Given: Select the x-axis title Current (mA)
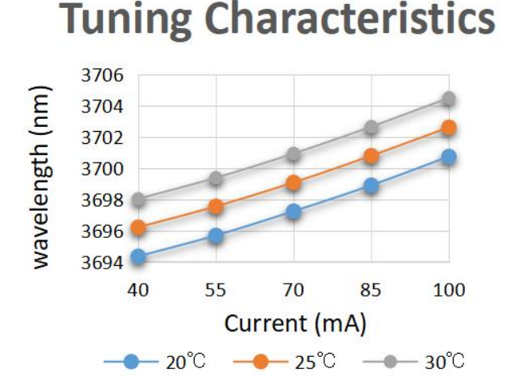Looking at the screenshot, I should click(295, 325).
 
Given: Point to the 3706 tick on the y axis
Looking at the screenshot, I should click(104, 76).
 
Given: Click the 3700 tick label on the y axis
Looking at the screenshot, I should click(104, 170).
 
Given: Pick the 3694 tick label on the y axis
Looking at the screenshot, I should click(104, 263).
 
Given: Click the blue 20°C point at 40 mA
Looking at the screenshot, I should click(138, 257).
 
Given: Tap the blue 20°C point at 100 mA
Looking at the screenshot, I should click(449, 157).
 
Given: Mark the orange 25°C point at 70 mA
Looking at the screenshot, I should click(294, 183).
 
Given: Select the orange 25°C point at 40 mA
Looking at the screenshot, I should click(138, 228).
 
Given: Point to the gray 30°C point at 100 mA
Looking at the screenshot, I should click(449, 99).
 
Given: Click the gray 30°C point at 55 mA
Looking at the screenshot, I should click(216, 178).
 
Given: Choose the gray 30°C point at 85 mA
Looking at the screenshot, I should click(371, 127).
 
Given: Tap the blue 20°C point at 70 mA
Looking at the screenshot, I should click(294, 212).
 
